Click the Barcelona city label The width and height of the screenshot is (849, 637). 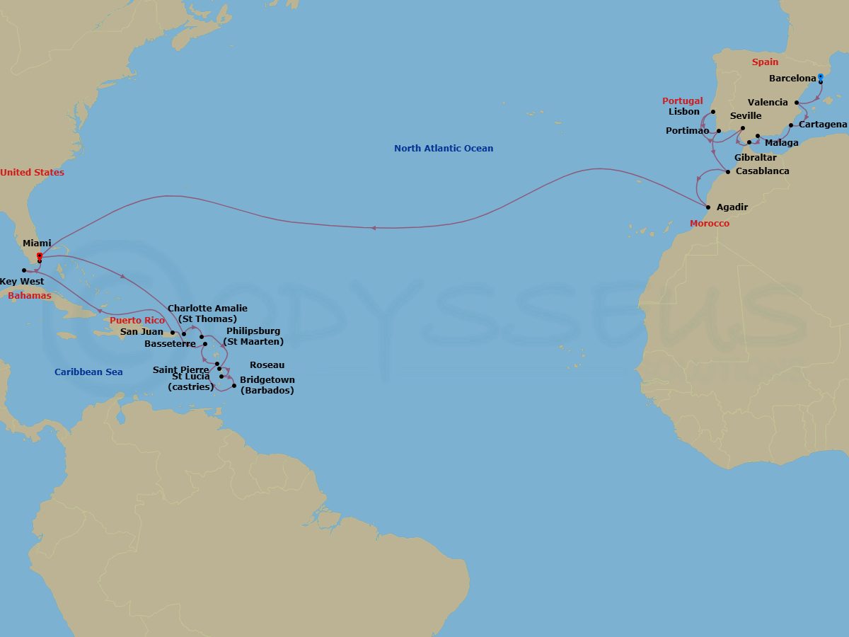tap(792, 79)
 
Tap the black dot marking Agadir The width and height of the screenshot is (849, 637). tap(708, 207)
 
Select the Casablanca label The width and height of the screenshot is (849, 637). tap(762, 171)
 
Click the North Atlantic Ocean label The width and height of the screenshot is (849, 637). tap(444, 149)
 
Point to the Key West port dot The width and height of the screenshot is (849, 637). tap(24, 270)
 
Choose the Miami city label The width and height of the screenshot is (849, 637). tap(37, 243)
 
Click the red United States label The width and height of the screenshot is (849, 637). tap(32, 173)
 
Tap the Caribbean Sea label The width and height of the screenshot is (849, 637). tap(88, 372)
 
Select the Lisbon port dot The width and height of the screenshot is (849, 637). tap(713, 112)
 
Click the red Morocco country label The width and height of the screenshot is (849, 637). tap(710, 224)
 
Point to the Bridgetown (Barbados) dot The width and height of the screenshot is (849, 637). tap(234, 386)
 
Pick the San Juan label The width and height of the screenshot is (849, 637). tap(141, 332)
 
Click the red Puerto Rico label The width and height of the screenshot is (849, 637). tap(137, 321)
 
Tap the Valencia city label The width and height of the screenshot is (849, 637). tap(768, 103)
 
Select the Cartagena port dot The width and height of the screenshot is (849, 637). tap(791, 125)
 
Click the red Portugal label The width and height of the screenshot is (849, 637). tap(683, 101)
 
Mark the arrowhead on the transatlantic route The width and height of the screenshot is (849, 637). tap(373, 228)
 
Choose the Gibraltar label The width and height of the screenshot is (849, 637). tap(755, 158)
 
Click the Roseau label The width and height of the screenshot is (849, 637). tap(267, 365)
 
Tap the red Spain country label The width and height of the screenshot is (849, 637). tap(765, 62)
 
